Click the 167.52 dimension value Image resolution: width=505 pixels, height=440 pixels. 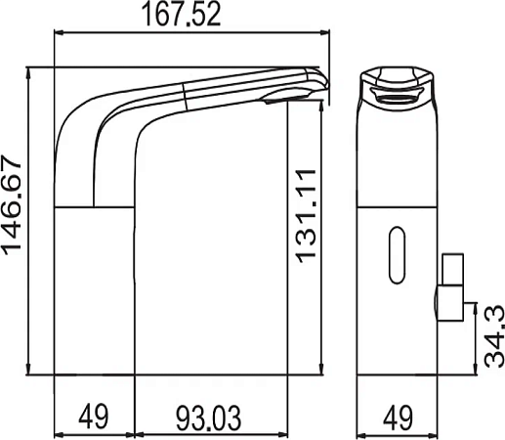tap(182, 14)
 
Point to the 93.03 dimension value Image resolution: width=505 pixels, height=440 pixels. tap(209, 418)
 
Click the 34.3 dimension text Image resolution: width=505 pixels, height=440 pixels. tap(494, 336)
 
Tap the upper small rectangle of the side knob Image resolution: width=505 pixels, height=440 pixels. tap(452, 269)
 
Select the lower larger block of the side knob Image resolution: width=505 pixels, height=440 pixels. tap(450, 303)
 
